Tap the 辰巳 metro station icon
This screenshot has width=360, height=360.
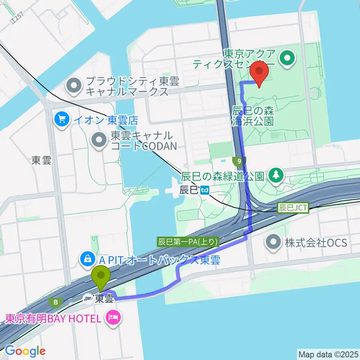(x=205, y=190)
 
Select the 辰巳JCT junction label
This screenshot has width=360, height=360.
(x=293, y=207)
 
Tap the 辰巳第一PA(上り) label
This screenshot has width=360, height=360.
(x=188, y=242)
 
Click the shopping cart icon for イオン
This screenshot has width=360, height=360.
(x=61, y=120)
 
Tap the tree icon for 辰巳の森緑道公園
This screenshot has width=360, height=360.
(x=276, y=174)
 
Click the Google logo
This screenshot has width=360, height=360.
(x=25, y=351)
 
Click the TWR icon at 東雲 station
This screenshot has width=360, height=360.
(x=88, y=298)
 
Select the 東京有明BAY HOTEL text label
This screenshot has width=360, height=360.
(x=53, y=319)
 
